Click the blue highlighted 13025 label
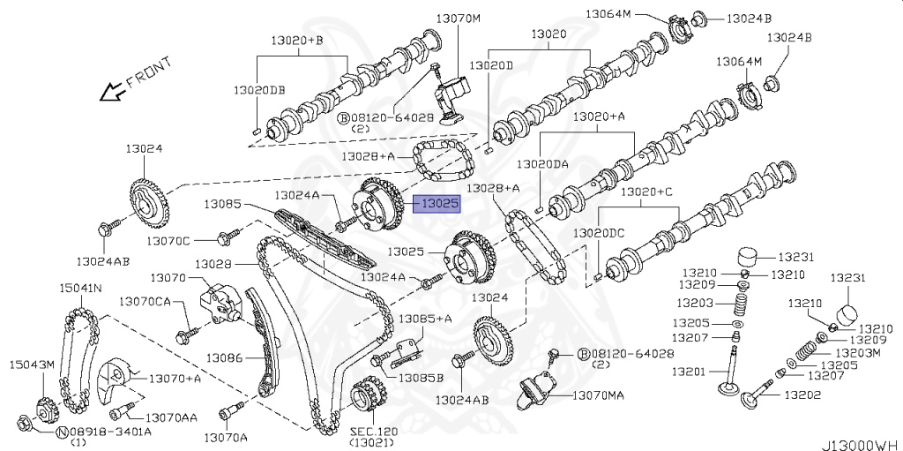pyautogui.click(x=438, y=205)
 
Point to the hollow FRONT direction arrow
pyautogui.click(x=111, y=90)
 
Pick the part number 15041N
pyautogui.click(x=80, y=288)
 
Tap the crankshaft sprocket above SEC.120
pyautogui.click(x=369, y=398)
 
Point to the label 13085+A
pyautogui.click(x=425, y=319)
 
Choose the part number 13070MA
pyautogui.click(x=597, y=395)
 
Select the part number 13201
pyautogui.click(x=688, y=372)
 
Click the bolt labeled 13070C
pyautogui.click(x=228, y=237)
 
